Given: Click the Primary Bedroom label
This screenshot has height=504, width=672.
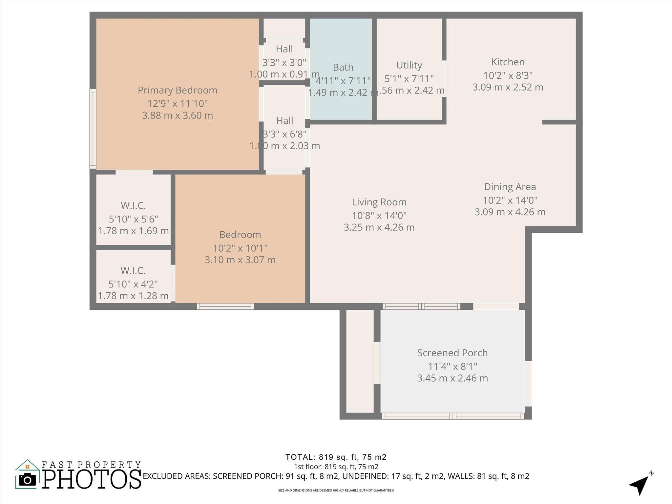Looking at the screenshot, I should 177,90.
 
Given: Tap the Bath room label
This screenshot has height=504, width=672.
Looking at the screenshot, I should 343,67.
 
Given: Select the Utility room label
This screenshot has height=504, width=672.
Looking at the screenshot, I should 409,65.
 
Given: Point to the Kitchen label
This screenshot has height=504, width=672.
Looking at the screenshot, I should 508,62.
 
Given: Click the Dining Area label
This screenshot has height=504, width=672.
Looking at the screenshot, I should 510,187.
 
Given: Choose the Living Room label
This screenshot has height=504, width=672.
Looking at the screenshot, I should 379,202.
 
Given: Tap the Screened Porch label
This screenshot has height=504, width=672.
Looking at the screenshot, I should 452,353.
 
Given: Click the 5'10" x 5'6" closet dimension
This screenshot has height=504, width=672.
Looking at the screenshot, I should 133,219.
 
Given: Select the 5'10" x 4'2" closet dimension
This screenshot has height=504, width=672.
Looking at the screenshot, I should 133,284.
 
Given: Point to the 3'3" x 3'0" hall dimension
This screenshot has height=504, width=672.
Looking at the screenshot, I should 284,62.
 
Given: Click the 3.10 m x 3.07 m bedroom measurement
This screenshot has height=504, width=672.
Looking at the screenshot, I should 240,260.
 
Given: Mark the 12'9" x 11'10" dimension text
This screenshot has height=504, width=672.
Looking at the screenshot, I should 177,104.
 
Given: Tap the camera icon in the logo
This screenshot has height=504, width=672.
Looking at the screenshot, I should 28,480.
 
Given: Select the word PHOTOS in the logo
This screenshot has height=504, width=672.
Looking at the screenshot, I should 92,479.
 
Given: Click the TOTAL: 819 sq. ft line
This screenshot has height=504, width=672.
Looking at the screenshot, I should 336,457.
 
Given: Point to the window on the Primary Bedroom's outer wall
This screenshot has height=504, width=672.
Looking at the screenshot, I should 93,129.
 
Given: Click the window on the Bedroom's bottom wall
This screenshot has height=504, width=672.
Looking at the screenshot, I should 225,306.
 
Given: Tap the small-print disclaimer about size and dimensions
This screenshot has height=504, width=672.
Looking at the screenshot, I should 336,491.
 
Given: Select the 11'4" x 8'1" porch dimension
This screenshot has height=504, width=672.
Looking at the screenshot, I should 452,366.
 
